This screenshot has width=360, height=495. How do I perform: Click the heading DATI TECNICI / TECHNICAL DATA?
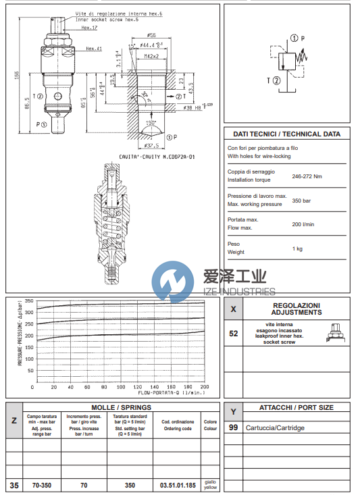coord(287,134)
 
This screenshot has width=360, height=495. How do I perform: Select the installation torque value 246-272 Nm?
coord(307,176)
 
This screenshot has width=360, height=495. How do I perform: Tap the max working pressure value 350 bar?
coord(301,201)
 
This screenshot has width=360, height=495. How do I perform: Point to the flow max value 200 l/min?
coord(303,224)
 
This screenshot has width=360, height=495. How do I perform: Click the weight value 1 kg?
coord(297,249)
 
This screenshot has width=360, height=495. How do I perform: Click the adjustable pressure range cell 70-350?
coord(42,485)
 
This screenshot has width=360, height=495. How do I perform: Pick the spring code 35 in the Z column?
coord(14,485)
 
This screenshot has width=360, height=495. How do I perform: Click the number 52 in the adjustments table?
coord(234,333)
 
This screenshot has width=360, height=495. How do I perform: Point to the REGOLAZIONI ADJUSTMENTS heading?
coord(297,309)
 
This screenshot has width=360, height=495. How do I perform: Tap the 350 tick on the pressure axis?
coord(29,301)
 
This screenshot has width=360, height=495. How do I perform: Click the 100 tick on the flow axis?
coord(120,387)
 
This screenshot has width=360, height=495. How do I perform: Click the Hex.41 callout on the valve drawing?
coord(93,49)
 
